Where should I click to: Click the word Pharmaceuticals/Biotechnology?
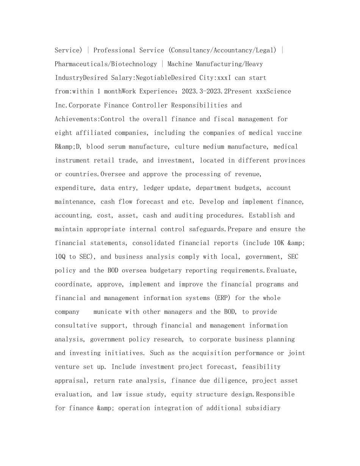click(x=106, y=64)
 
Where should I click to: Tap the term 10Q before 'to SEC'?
click(x=60, y=256)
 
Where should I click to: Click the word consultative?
click(x=76, y=325)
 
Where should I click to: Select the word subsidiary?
click(x=263, y=408)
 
